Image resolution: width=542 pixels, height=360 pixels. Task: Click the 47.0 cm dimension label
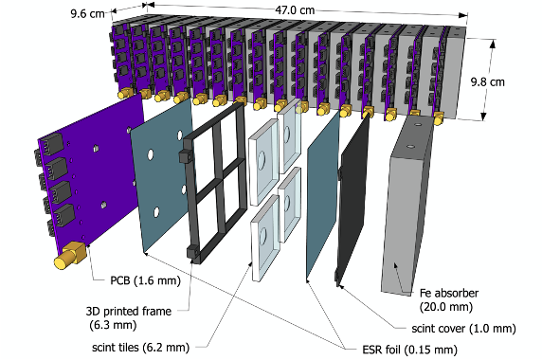(x=295, y=10)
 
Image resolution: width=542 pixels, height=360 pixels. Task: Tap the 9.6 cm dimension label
(x=87, y=14)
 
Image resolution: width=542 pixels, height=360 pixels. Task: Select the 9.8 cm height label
(x=488, y=81)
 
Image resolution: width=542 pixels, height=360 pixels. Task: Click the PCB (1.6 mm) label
(x=145, y=280)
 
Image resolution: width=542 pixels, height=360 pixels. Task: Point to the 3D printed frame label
(x=129, y=312)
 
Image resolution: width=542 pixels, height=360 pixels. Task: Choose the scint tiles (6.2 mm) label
(x=140, y=348)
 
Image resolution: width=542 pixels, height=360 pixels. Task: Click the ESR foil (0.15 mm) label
(x=409, y=350)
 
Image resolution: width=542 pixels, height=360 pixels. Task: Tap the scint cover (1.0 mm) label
(x=463, y=328)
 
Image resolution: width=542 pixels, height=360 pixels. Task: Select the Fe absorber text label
(x=449, y=293)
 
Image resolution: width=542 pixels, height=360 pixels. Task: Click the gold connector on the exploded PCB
(x=69, y=256)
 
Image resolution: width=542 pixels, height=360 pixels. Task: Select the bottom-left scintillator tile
(x=265, y=238)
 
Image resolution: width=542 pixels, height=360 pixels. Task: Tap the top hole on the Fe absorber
(x=418, y=124)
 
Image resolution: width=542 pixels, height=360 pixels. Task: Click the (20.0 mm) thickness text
(x=446, y=307)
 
